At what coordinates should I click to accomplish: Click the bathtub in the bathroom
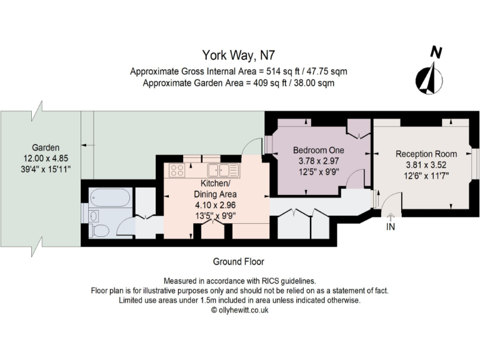pyautogui.click(x=110, y=199)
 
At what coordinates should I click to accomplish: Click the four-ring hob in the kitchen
pyautogui.click(x=176, y=169)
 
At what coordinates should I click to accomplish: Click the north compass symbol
pyautogui.click(x=431, y=74)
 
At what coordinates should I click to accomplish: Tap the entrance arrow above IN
pyautogui.click(x=391, y=217)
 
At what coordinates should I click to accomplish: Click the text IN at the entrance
pyautogui.click(x=391, y=227)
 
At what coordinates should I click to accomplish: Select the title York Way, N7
pyautogui.click(x=239, y=56)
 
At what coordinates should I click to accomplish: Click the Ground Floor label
pyautogui.click(x=239, y=261)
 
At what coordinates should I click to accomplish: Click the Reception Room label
pyautogui.click(x=426, y=154)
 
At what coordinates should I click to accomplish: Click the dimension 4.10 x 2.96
pyautogui.click(x=214, y=204)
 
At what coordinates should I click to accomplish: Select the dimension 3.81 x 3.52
pyautogui.click(x=426, y=165)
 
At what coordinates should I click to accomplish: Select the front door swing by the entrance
pyautogui.click(x=390, y=202)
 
